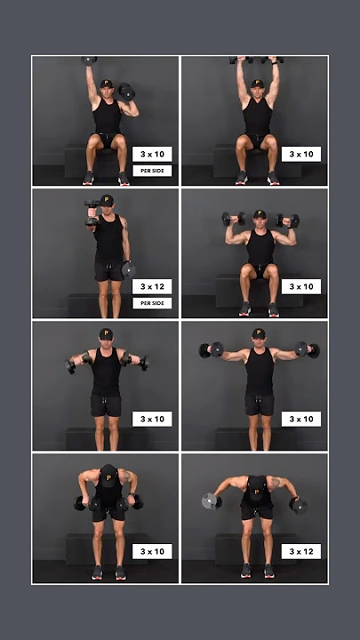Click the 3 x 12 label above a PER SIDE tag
pyautogui.click(x=152, y=286)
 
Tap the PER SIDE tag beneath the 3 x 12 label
pyautogui.click(x=152, y=303)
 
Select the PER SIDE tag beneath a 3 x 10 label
pyautogui.click(x=152, y=171)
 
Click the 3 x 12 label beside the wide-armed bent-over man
pyautogui.click(x=301, y=551)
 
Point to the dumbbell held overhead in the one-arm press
pyautogui.click(x=89, y=60)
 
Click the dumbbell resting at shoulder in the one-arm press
pyautogui.click(x=126, y=92)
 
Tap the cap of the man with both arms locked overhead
pyautogui.click(x=257, y=83)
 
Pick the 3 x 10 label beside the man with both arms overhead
pyautogui.click(x=301, y=154)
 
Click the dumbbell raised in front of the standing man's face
pyautogui.click(x=92, y=212)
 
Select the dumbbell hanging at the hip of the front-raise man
pyautogui.click(x=129, y=268)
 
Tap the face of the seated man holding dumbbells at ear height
pyautogui.click(x=259, y=221)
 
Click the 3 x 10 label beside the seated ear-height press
pyautogui.click(x=301, y=286)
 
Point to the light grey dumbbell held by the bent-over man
pyautogui.click(x=211, y=500)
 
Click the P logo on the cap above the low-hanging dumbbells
pyautogui.click(x=108, y=476)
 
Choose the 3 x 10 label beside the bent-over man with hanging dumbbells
pyautogui.click(x=152, y=551)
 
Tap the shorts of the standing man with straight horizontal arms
pyautogui.click(x=259, y=404)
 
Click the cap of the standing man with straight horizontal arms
pyautogui.click(x=258, y=333)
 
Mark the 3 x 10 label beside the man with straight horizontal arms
pyautogui.click(x=301, y=419)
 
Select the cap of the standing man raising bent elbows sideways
pyautogui.click(x=106, y=333)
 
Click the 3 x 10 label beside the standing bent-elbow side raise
pyautogui.click(x=152, y=419)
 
